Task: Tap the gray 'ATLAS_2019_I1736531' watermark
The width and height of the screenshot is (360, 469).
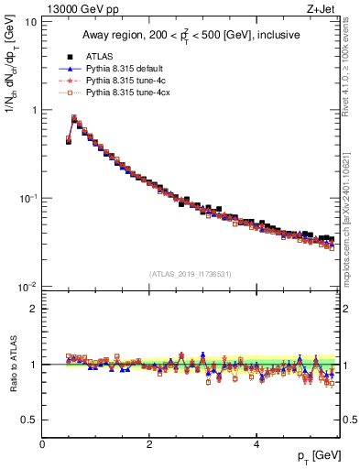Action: point(191,274)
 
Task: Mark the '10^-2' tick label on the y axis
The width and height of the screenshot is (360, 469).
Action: point(27,287)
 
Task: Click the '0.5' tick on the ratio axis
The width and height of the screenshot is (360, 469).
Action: point(27,420)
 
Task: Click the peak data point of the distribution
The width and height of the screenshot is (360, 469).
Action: point(74,118)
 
